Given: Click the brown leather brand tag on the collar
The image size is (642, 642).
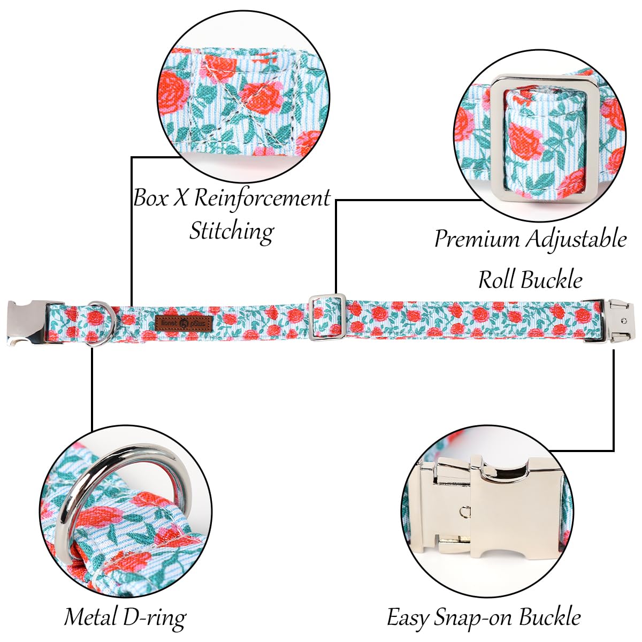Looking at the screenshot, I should click(x=184, y=323).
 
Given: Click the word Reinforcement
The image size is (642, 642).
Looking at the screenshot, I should click(x=262, y=198).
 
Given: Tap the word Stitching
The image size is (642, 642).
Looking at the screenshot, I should click(x=232, y=231).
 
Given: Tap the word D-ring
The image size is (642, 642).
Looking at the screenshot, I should click(x=155, y=618).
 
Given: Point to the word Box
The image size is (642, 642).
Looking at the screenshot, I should click(x=150, y=198).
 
